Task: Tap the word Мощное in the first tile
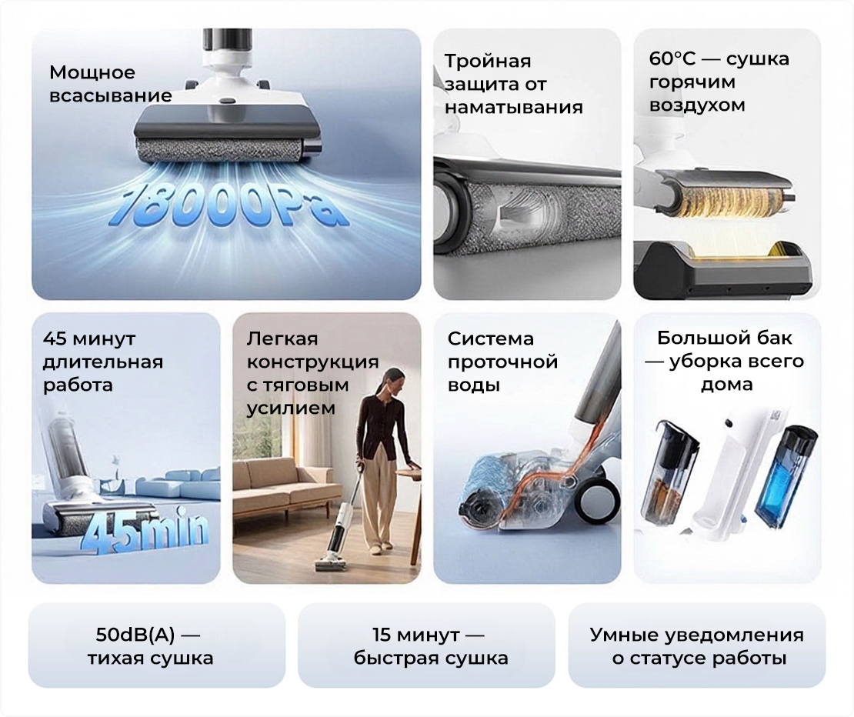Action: pyautogui.click(x=92, y=72)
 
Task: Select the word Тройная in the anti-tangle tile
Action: pyautogui.click(x=488, y=61)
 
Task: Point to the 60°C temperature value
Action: pyautogui.click(x=672, y=58)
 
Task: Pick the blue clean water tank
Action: pyautogui.click(x=784, y=476)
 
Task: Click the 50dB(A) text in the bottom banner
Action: pyautogui.click(x=135, y=635)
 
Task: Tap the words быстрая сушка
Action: pyautogui.click(x=431, y=659)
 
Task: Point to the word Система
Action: pyautogui.click(x=491, y=338)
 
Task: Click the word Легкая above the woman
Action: pyautogui.click(x=282, y=338)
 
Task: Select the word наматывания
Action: pyautogui.click(x=514, y=107)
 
